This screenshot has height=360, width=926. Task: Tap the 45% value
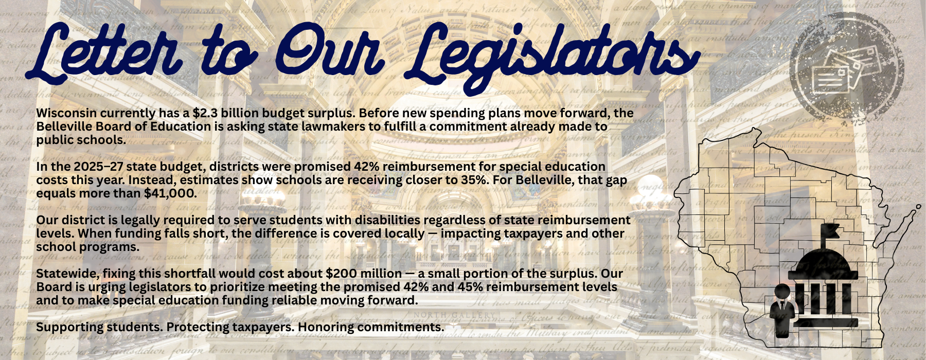tap(468, 287)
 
